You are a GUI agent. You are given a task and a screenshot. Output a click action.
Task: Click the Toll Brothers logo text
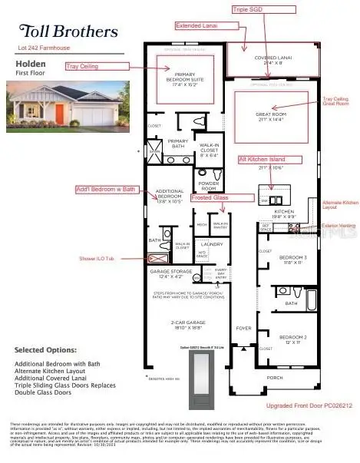tap(68, 31)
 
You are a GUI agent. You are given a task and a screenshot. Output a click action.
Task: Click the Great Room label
tap(269, 117)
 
